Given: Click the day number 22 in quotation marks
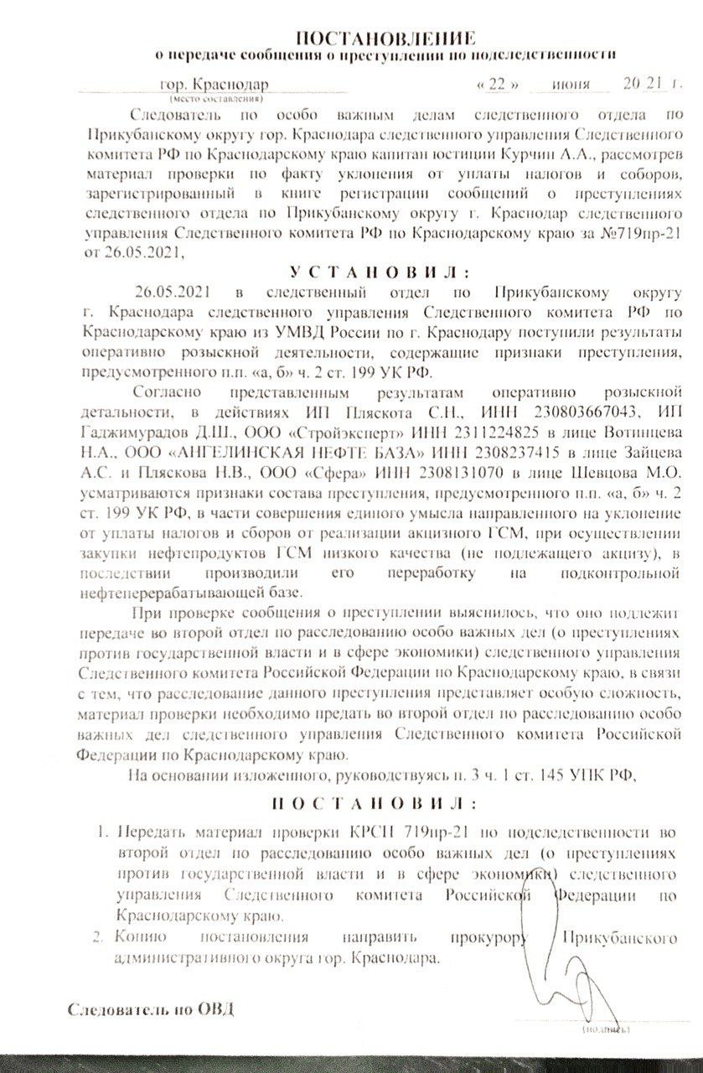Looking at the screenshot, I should [499, 86].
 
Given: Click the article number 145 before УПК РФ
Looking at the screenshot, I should [551, 775].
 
